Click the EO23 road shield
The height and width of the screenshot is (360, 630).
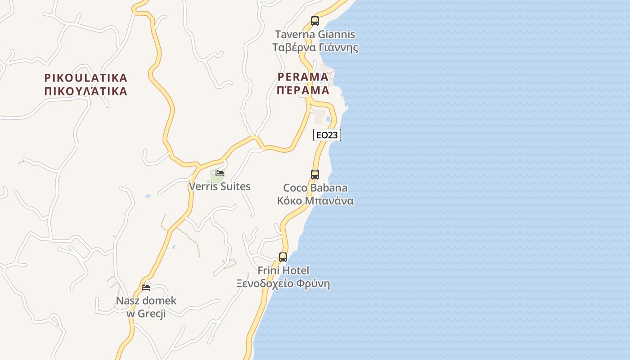(327, 135)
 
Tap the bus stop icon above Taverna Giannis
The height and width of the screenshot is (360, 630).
(315, 21)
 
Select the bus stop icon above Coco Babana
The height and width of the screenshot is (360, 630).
(315, 174)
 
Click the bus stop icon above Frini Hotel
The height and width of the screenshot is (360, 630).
(283, 257)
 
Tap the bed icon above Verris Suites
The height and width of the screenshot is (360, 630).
(220, 173)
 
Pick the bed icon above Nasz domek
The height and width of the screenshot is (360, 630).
(146, 287)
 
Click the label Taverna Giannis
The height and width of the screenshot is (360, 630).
(315, 35)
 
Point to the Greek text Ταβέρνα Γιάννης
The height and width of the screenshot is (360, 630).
(315, 48)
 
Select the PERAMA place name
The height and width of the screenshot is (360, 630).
(303, 76)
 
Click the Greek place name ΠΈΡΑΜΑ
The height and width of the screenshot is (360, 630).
(303, 90)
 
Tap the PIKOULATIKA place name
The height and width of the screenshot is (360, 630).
(86, 78)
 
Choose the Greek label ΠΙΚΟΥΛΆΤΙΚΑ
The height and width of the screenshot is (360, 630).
(86, 91)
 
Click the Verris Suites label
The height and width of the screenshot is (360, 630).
(220, 186)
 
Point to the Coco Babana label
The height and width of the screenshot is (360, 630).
(315, 188)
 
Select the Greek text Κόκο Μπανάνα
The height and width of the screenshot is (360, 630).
(315, 201)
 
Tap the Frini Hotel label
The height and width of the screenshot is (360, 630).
(283, 270)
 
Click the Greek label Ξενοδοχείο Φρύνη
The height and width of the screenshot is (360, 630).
(283, 284)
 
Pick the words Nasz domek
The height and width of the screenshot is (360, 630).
(146, 301)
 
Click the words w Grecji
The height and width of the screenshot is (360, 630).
(146, 314)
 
